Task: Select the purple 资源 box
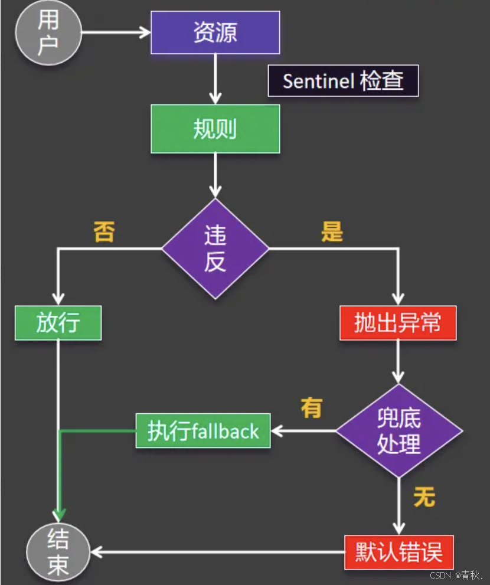(215, 32)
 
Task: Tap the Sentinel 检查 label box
(343, 81)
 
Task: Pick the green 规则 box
(215, 129)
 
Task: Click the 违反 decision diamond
(215, 249)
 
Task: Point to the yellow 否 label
(104, 233)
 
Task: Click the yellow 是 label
(332, 233)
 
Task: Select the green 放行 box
(58, 323)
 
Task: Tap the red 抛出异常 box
(397, 323)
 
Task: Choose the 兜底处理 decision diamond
(398, 430)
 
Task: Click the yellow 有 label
(311, 408)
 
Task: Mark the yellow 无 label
(424, 497)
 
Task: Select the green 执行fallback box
(202, 431)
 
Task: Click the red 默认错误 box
(399, 553)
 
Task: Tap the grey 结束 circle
(58, 551)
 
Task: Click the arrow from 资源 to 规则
(215, 79)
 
